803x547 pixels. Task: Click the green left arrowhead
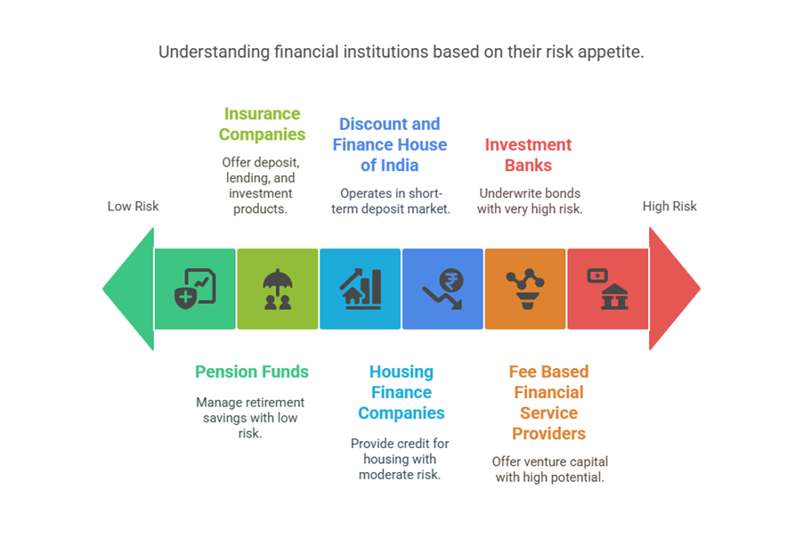pos(127,289)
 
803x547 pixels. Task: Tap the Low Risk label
pos(133,207)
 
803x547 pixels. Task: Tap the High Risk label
pos(669,207)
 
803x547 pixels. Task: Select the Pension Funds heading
pos(252,371)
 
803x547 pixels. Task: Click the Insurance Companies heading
pos(262,124)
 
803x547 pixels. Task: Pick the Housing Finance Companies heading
pos(401,392)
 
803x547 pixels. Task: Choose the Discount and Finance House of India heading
pos(390,144)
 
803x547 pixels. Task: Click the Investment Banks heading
pos(528,154)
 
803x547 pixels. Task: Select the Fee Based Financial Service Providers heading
pos(548,403)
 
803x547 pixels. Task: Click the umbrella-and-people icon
pos(277,289)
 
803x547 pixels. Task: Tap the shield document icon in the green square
pos(195,289)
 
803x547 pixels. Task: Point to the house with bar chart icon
pos(360,289)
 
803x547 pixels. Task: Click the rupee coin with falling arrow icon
pos(442,289)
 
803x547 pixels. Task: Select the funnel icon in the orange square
pos(525,289)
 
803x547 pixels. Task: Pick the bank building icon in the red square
pos(608,289)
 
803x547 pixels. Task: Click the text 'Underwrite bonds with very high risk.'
pos(529,201)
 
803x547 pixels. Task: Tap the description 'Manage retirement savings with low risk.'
pos(250,418)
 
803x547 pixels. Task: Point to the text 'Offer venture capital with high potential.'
pos(549,469)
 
